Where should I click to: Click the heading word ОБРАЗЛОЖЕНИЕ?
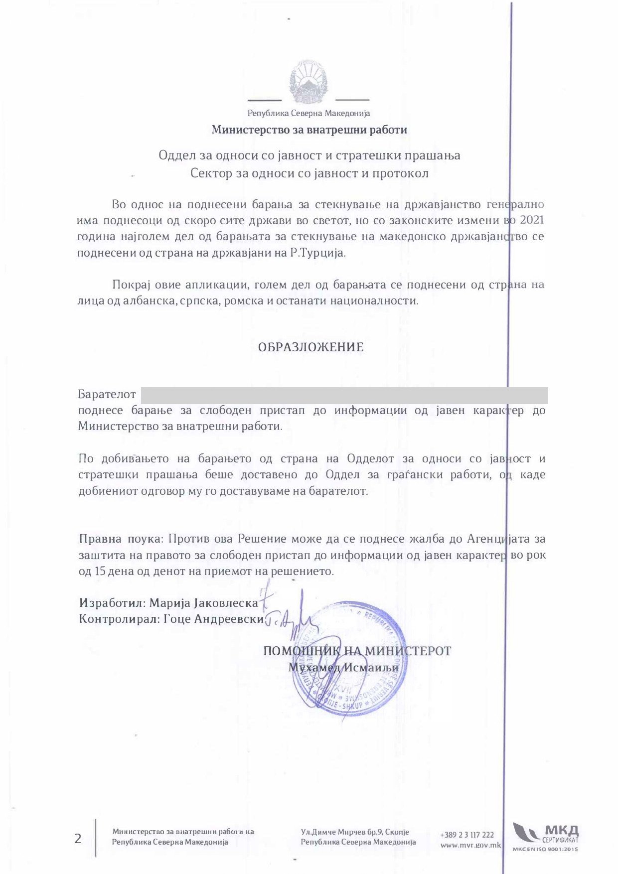pyautogui.click(x=310, y=347)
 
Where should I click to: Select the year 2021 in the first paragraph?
pyautogui.click(x=531, y=220)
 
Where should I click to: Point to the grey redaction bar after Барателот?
pyautogui.click(x=344, y=395)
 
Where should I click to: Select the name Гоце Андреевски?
pyautogui.click(x=214, y=619)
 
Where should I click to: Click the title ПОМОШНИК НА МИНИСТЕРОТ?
pyautogui.click(x=357, y=651)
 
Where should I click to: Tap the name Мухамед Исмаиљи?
pyautogui.click(x=344, y=667)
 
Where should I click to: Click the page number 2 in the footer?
pyautogui.click(x=78, y=839)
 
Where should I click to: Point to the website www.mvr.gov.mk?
pyautogui.click(x=470, y=845)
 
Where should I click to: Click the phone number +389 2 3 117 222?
pyautogui.click(x=467, y=835)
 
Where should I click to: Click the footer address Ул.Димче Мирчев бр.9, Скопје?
pyautogui.click(x=355, y=832)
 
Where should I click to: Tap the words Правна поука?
pyautogui.click(x=120, y=539)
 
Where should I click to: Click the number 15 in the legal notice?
pyautogui.click(x=99, y=571)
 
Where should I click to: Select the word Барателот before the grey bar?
pyautogui.click(x=107, y=395)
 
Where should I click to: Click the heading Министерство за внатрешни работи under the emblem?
pyautogui.click(x=309, y=130)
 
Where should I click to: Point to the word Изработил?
pyautogui.click(x=112, y=603)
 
